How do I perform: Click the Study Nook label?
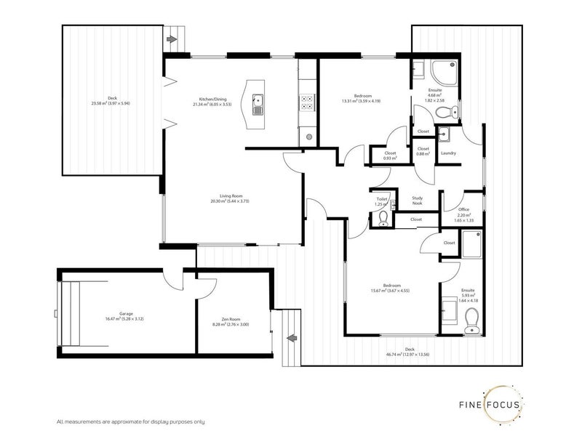pos(418,200)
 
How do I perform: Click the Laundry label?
pos(448,153)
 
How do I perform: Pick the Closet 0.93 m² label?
pos(390,156)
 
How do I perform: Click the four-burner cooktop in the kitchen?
pos(307,104)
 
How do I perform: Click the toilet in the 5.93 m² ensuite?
pos(471,318)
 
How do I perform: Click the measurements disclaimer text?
pos(130,421)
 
